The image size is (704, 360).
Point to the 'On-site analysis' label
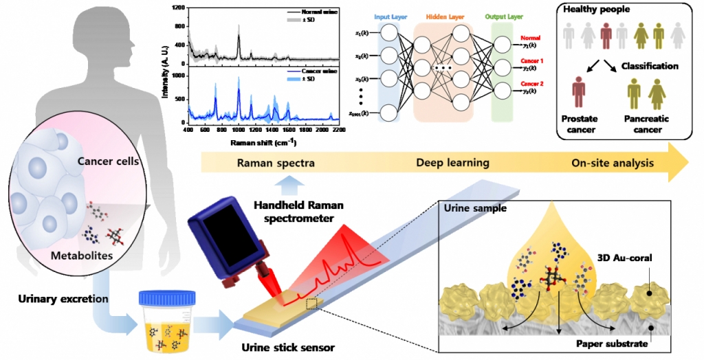612,163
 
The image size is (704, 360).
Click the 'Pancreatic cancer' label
647,124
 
